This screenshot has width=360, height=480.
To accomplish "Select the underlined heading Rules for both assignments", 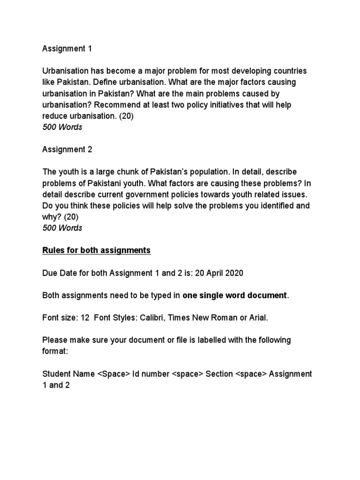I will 97,250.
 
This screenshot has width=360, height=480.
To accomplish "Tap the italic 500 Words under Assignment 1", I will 62,127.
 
